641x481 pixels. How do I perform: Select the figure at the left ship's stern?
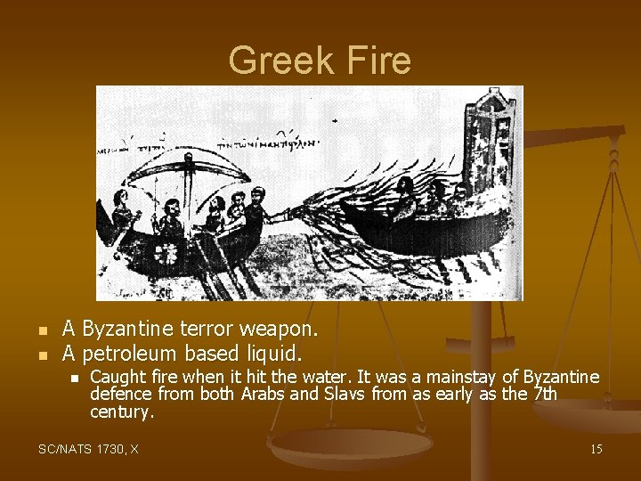point(122,214)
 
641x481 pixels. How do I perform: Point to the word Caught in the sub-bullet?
point(113,379)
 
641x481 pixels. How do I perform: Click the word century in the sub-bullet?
point(121,412)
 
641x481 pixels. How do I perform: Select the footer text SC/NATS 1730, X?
point(88,449)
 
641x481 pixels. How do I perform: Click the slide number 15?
point(596,449)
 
